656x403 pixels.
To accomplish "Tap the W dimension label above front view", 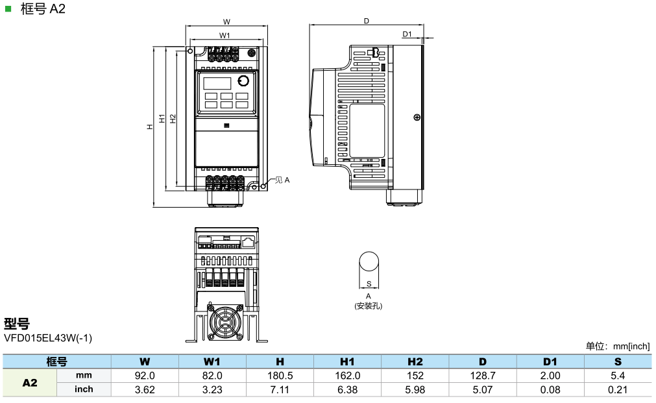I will pos(226,21).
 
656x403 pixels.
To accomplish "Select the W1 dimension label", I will pos(225,35).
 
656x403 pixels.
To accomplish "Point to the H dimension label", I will pos(149,127).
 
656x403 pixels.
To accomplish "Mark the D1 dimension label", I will pos(407,34).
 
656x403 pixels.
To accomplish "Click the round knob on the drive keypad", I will pos(243,81).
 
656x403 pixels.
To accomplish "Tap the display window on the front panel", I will pos(217,82).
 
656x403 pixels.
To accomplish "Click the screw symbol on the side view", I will pos(416,117).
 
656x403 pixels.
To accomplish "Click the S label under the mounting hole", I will pos(369,284).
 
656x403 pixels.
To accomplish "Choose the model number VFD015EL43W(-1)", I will pos(48,338).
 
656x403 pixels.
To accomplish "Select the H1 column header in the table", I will pos(347,361).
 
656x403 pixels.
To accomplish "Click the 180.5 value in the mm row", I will pos(280,376).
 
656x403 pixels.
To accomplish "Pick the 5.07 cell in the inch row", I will pos(483,389).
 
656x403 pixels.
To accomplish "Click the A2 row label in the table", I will pos(30,383).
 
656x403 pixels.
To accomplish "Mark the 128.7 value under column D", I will pos(483,376).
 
